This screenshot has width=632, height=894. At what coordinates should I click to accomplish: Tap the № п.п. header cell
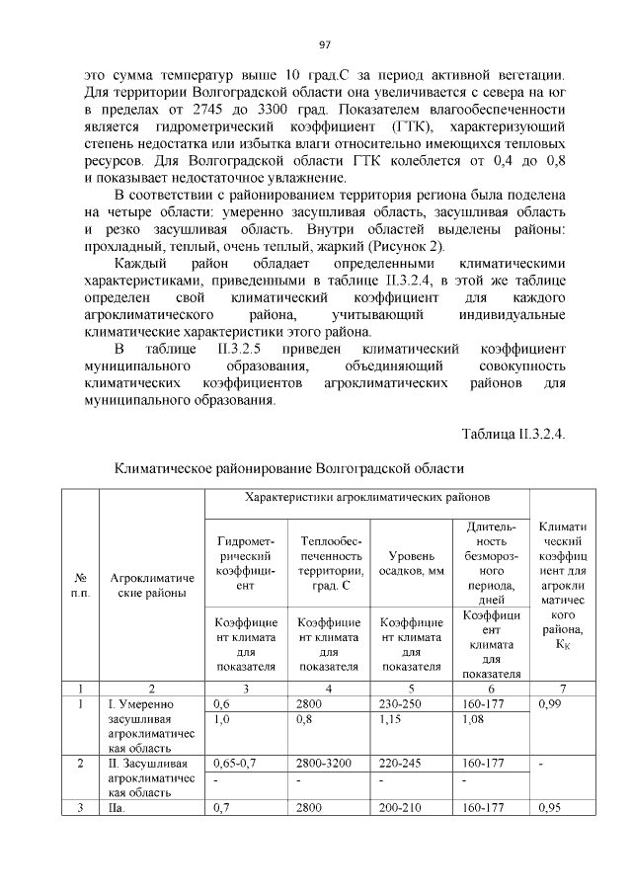pos(81,586)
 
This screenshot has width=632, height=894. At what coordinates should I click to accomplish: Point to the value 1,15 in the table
pos(392,721)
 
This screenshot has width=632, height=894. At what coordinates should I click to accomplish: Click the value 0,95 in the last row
pos(548,807)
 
